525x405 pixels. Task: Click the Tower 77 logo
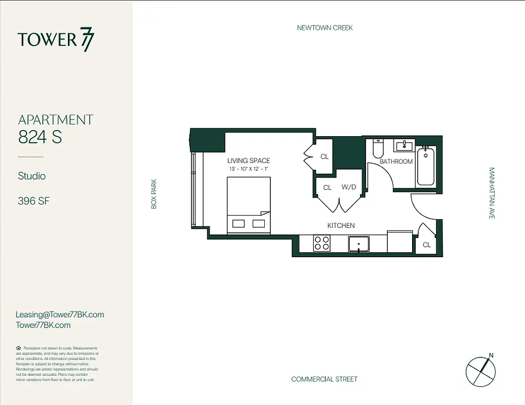(56, 40)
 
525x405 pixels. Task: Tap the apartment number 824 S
(40, 137)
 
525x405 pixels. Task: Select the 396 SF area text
(33, 201)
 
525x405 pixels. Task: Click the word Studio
(32, 176)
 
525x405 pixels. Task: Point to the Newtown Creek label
(325, 28)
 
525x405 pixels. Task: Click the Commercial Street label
(324, 379)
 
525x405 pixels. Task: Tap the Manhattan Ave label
(491, 193)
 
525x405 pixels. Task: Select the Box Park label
(154, 193)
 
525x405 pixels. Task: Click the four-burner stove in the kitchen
(322, 244)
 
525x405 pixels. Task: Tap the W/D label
(349, 187)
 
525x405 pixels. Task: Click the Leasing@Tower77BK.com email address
(60, 314)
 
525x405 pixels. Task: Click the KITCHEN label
(341, 225)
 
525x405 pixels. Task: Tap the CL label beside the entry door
(427, 245)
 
